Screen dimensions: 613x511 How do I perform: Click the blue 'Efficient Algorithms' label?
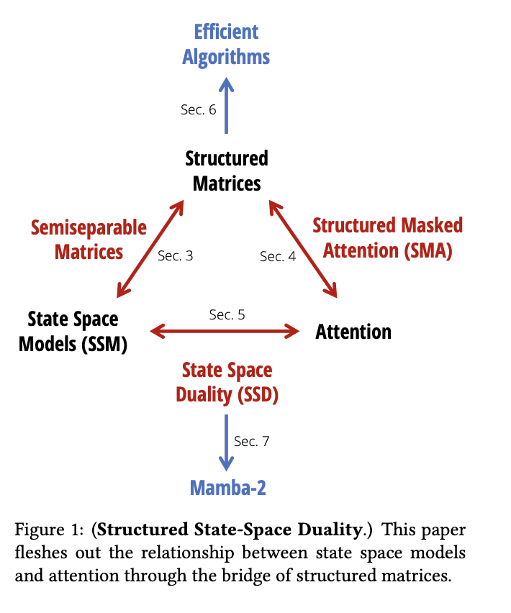[226, 45]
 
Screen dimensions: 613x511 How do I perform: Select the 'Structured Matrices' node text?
[226, 171]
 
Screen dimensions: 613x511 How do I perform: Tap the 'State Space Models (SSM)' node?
[73, 331]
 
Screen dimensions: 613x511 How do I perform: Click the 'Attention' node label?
[353, 332]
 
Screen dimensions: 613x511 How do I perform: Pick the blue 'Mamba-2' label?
[227, 488]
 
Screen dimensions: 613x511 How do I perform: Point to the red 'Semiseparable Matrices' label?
[89, 240]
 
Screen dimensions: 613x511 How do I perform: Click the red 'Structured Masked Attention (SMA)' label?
[387, 237]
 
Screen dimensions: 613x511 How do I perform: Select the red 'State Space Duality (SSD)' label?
[227, 382]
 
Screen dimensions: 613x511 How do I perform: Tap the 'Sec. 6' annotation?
[198, 110]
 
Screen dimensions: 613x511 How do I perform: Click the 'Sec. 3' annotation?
[175, 256]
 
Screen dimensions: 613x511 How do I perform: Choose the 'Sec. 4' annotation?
[278, 257]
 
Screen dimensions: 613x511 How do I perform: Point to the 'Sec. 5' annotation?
[227, 314]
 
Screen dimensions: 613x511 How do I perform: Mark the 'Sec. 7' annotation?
[252, 441]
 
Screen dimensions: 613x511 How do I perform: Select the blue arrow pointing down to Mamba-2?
[227, 442]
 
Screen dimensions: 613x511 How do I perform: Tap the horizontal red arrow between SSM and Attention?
[225, 331]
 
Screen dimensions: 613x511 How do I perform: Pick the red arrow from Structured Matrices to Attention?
[303, 249]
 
